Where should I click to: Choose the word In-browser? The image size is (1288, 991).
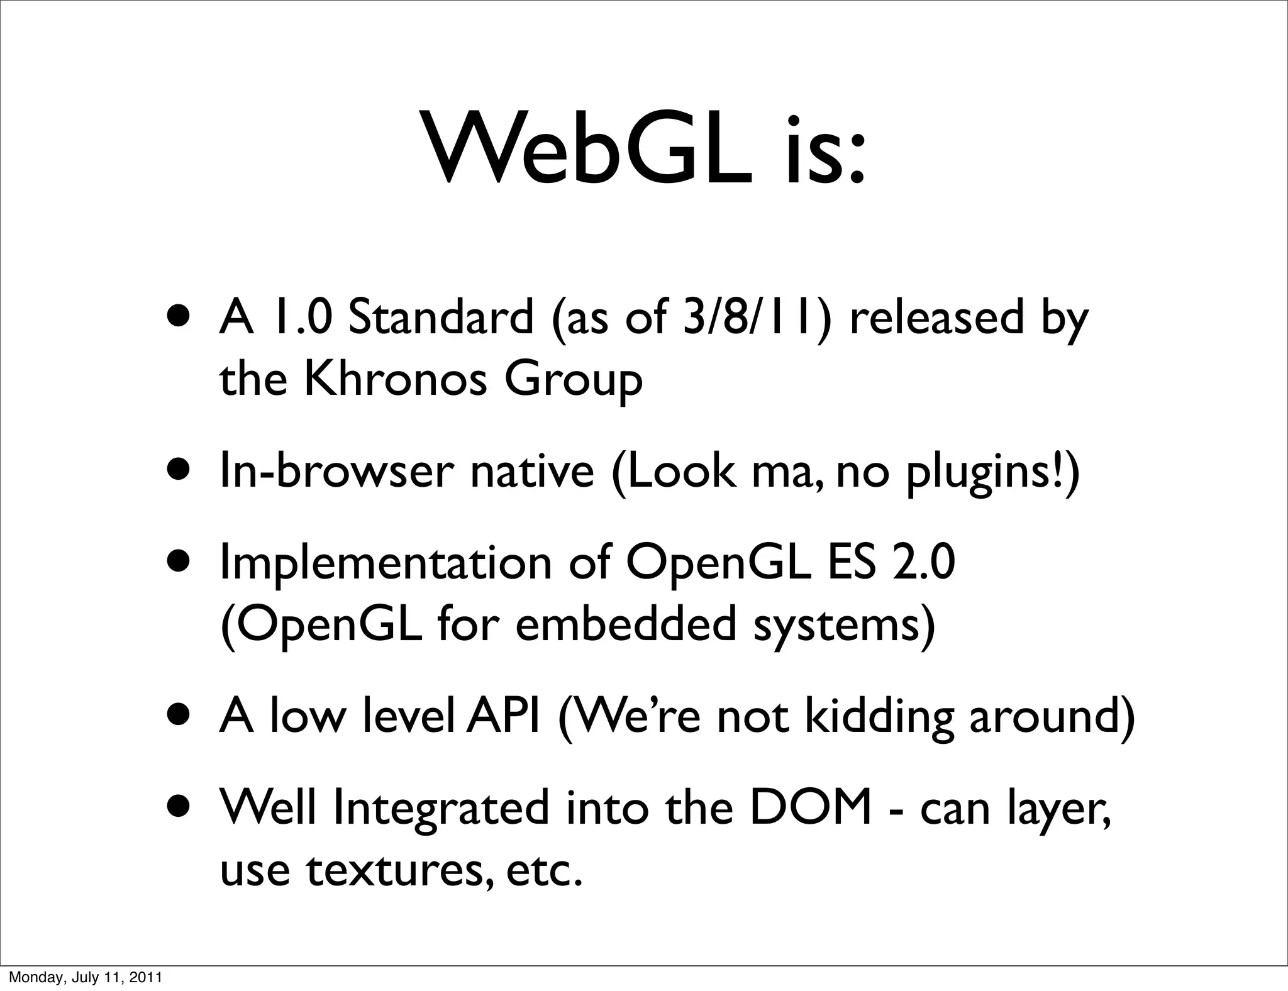coord(336,472)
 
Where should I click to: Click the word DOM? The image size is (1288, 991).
coord(811,808)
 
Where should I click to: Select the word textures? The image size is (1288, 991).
coord(398,870)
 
